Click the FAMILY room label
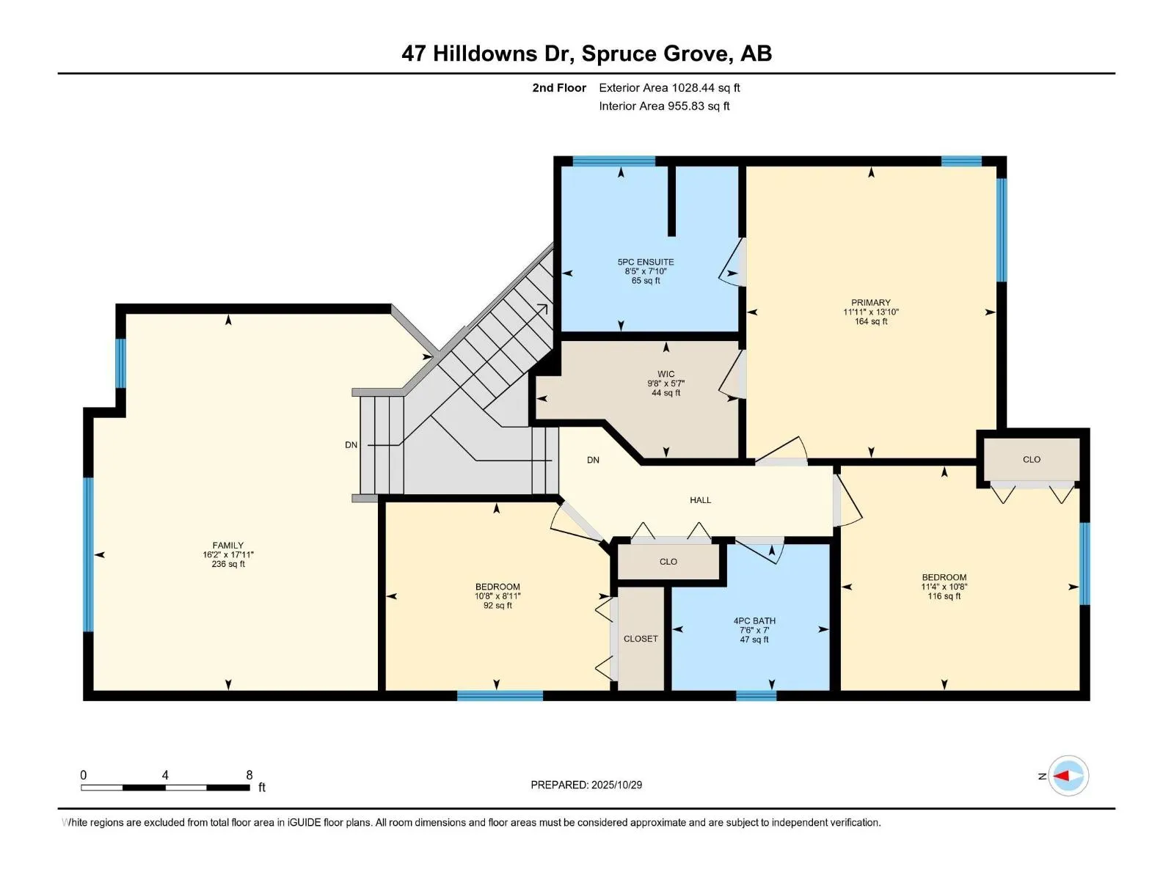(x=227, y=546)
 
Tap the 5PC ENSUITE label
(x=646, y=263)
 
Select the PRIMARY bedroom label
(x=871, y=303)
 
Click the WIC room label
(x=666, y=375)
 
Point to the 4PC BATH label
(x=754, y=621)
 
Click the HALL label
(x=700, y=500)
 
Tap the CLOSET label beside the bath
(x=641, y=639)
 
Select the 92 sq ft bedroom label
(x=497, y=587)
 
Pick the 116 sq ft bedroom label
(x=944, y=578)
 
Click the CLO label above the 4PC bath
(x=668, y=562)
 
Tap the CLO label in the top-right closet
(x=1032, y=460)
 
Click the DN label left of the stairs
(x=351, y=445)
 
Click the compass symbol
(x=1068, y=776)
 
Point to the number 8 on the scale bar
(x=249, y=775)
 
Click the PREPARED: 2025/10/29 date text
(x=586, y=785)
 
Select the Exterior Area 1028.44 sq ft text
(x=669, y=88)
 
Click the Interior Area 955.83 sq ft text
(x=664, y=106)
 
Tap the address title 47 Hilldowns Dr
(x=586, y=54)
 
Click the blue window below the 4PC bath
(x=756, y=696)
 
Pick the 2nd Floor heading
(x=559, y=88)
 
